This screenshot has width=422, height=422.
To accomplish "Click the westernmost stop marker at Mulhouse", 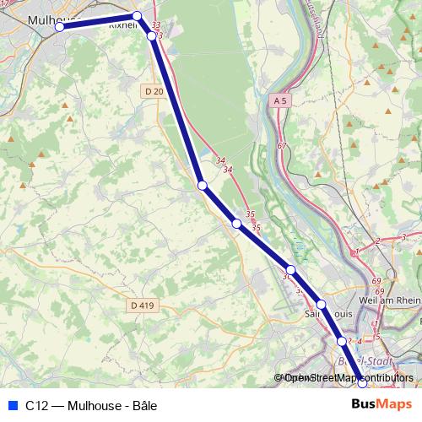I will (60, 27).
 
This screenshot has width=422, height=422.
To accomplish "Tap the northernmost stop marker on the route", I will (137, 16).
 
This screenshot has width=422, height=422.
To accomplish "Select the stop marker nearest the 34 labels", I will (203, 185).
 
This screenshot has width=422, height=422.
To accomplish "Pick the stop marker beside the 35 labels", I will (237, 224).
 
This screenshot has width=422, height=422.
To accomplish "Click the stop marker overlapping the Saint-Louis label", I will (321, 304).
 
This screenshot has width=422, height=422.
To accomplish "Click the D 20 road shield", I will (153, 91).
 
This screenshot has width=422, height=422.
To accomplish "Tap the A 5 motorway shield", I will (281, 100).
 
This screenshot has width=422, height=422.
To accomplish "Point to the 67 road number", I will (282, 147).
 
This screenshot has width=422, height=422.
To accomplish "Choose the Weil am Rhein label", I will (389, 300).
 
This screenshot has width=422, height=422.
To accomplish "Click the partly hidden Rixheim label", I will (123, 25).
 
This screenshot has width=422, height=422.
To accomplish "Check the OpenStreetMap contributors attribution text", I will (346, 377).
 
